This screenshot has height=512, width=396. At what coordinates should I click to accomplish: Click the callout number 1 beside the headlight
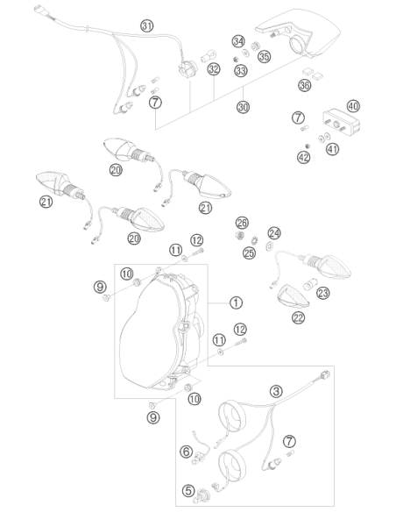(236, 302)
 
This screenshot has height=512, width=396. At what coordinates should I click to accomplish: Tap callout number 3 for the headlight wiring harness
(276, 391)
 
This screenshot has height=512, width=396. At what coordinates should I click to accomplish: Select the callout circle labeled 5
(188, 491)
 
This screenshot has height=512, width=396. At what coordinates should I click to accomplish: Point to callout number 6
(187, 452)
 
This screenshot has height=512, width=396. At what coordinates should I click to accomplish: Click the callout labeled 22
(299, 317)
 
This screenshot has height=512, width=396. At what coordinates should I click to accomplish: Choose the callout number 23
(323, 293)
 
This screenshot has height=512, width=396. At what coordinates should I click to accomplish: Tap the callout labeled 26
(243, 223)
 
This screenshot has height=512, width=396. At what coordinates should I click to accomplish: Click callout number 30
(243, 107)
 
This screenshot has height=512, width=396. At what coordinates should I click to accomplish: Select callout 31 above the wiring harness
(147, 25)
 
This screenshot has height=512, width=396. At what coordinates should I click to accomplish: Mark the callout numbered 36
(305, 85)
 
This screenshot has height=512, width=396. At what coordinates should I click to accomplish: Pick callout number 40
(353, 106)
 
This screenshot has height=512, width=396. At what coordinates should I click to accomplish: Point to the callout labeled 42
(304, 158)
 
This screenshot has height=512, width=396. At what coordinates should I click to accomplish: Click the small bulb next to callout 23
(308, 285)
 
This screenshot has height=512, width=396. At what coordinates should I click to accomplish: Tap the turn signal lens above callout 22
(293, 297)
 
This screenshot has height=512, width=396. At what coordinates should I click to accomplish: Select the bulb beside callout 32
(209, 54)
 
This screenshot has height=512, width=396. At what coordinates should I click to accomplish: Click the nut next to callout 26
(239, 235)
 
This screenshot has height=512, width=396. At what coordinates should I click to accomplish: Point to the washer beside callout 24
(270, 245)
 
